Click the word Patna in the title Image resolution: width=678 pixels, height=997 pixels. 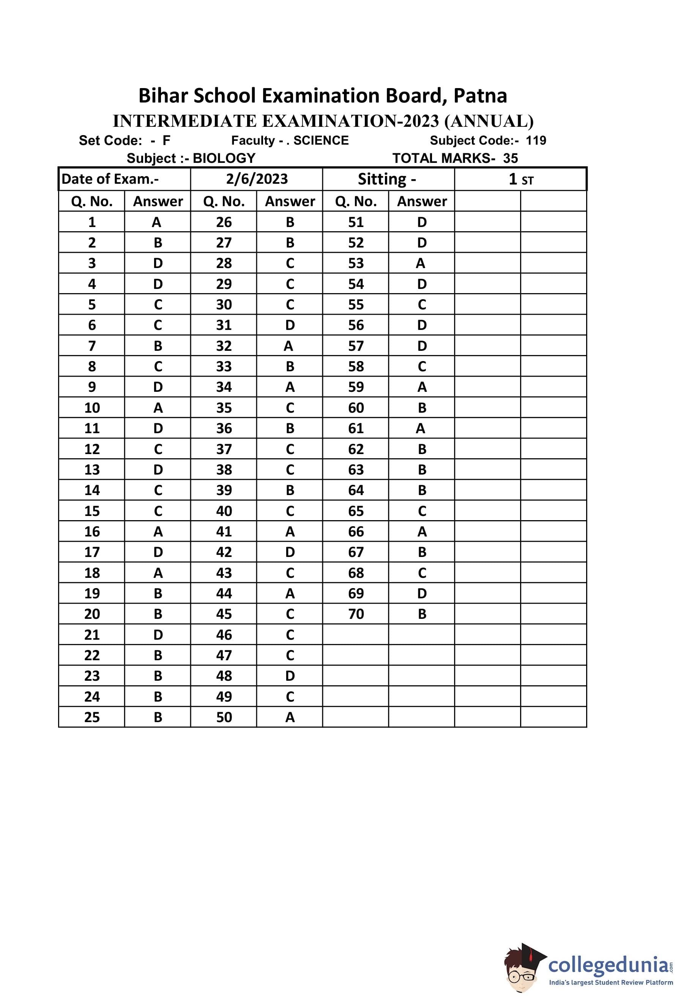tap(480, 96)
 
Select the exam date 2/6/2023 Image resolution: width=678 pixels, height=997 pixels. tap(257, 179)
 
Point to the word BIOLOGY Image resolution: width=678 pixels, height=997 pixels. tap(224, 158)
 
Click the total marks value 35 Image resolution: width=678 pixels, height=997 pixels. tap(510, 158)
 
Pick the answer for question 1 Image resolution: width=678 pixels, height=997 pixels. tap(156, 222)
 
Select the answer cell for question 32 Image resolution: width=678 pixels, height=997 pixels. tap(289, 346)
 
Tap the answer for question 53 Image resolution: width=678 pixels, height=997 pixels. tap(421, 263)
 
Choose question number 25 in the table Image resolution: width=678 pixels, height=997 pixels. tap(92, 717)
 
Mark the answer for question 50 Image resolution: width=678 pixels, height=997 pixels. tap(290, 717)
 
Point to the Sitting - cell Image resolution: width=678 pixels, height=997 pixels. tap(387, 179)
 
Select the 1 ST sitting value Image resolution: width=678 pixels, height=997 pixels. tap(520, 179)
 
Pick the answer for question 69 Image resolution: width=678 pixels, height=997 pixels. tap(422, 593)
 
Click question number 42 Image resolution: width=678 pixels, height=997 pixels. tap(224, 552)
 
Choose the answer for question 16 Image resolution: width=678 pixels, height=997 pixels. tap(158, 532)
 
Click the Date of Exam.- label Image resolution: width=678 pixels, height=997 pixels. tap(110, 179)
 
